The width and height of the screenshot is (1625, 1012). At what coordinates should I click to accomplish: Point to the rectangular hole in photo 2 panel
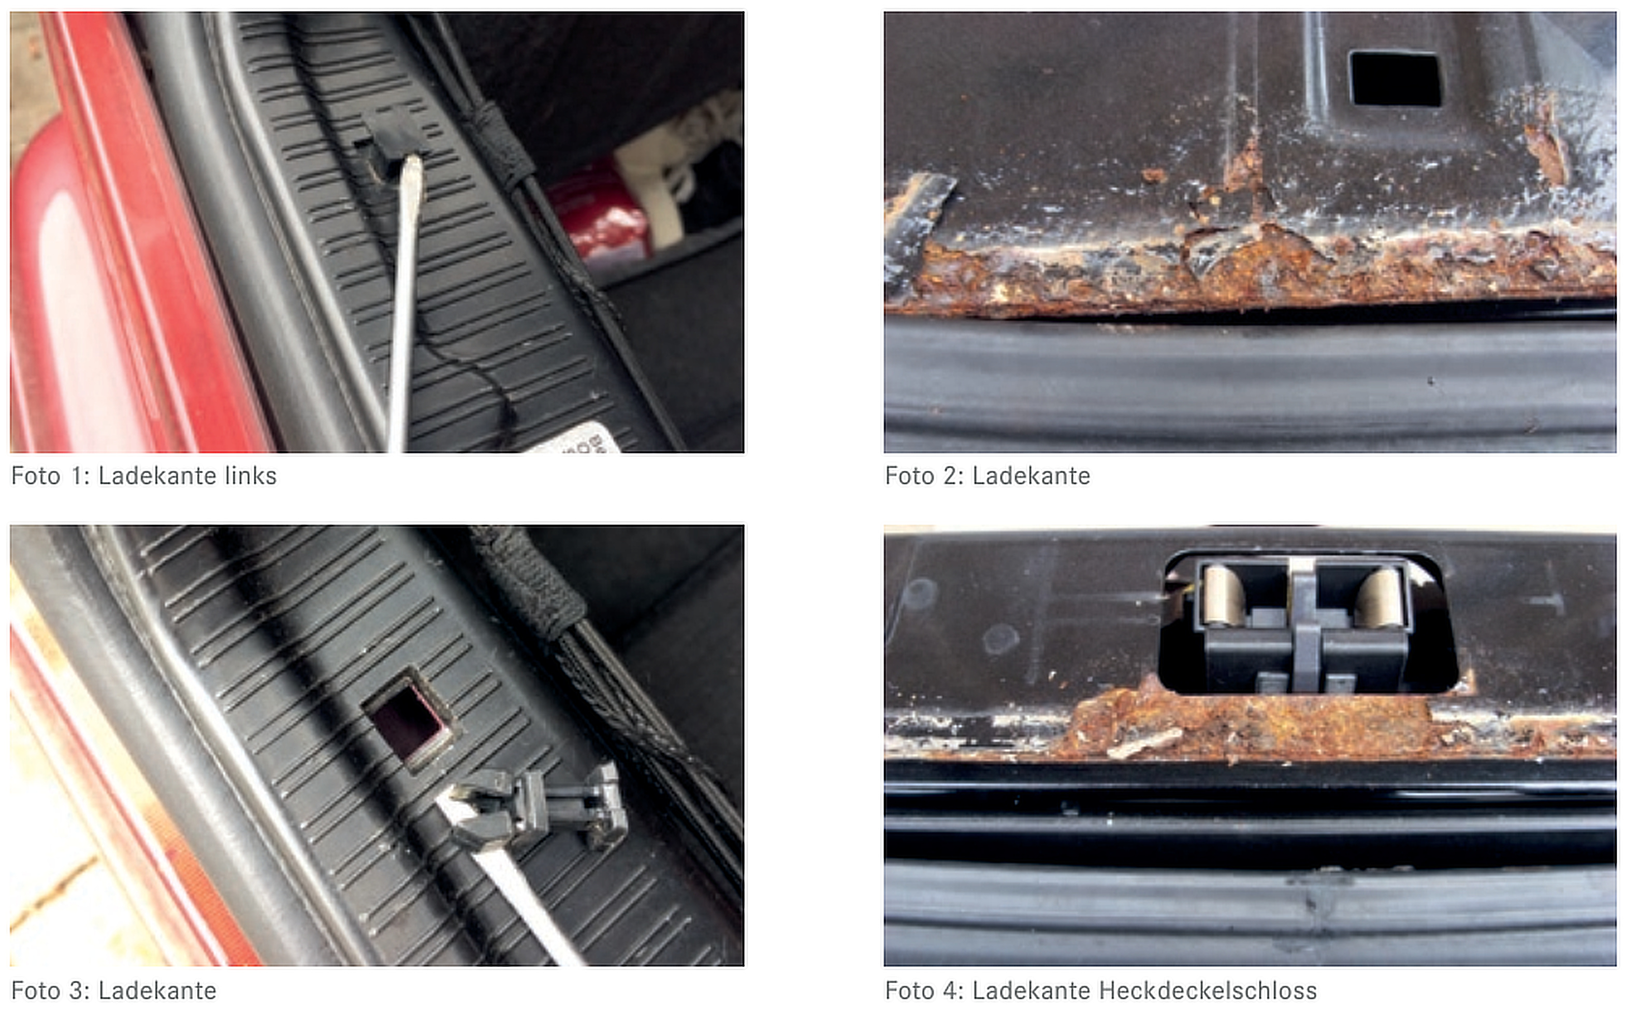1396,78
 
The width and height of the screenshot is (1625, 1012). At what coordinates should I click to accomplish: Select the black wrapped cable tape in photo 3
529,579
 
